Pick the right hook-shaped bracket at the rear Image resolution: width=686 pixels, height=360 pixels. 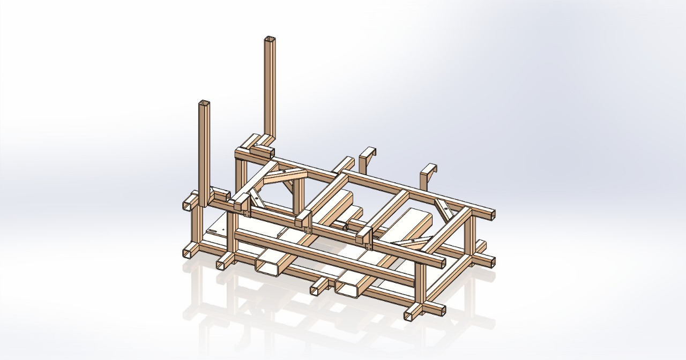pos(429,172)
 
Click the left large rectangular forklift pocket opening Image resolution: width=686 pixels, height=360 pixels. pos(268,266)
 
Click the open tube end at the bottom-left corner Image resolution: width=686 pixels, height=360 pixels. pos(189,252)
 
